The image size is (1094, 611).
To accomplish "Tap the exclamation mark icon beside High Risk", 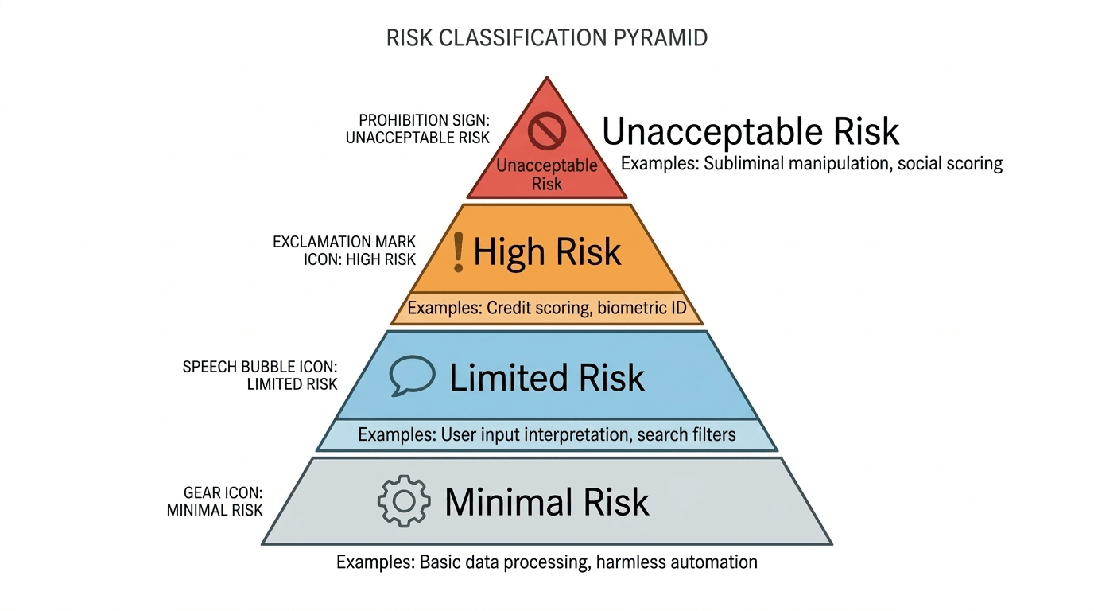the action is point(457,251).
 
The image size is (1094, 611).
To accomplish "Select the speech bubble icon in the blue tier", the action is point(413,376).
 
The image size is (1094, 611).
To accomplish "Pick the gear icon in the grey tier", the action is point(404,501).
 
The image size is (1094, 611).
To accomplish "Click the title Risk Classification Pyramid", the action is point(547,38).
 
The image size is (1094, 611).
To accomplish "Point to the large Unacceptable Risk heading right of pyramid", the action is point(751,131).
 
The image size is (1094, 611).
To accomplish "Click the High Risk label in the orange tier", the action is point(547,252).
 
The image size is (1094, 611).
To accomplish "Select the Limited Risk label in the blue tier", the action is point(547,378).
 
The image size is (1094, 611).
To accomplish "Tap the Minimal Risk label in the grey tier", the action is point(547,502).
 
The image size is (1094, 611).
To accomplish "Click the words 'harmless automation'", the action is point(681,562).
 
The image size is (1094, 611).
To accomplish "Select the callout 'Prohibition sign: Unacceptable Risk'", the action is point(417,129).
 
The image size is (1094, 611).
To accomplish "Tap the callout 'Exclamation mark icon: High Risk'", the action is point(343,250).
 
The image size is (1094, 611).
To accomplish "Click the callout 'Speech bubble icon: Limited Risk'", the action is point(260,376).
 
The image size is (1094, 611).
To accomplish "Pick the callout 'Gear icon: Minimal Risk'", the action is point(215,502).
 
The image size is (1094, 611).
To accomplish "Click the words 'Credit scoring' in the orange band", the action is point(537,308).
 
